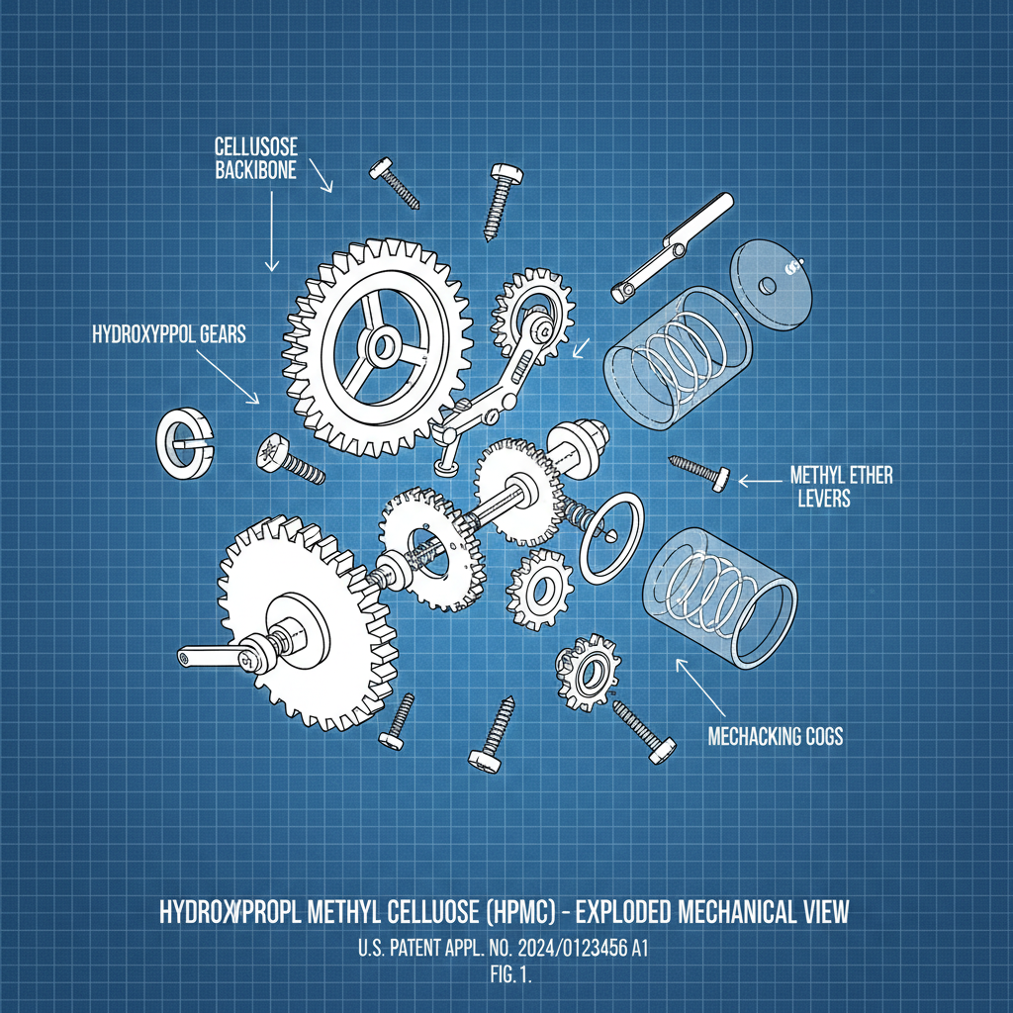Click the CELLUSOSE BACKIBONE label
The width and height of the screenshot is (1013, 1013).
[262, 158]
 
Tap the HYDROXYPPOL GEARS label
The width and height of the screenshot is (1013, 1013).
[168, 335]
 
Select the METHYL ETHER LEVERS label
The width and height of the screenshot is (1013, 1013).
[842, 486]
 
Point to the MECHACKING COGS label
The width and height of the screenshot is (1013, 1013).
[776, 737]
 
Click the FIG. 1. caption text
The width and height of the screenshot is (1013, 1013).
[505, 972]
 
